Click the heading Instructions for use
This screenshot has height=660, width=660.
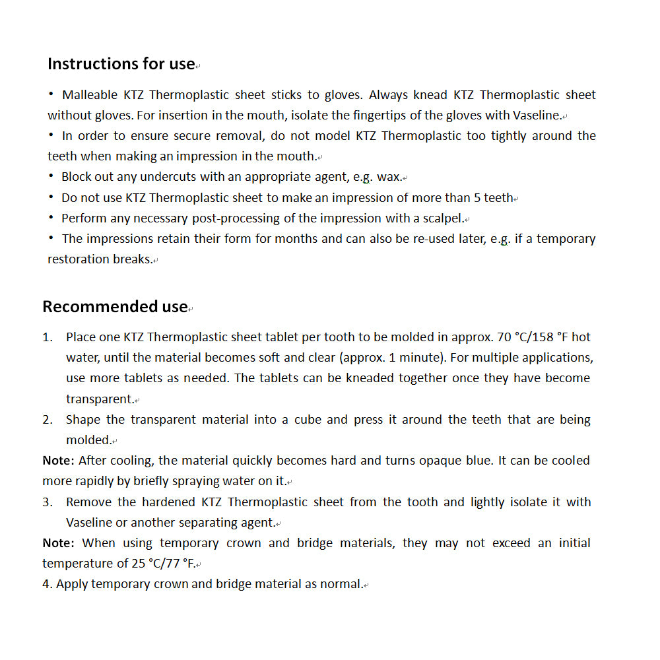[121, 64]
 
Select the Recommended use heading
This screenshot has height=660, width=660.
[115, 307]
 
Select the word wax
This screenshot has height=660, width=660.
[388, 177]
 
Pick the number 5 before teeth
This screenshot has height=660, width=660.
[477, 198]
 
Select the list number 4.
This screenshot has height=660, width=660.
[46, 584]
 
